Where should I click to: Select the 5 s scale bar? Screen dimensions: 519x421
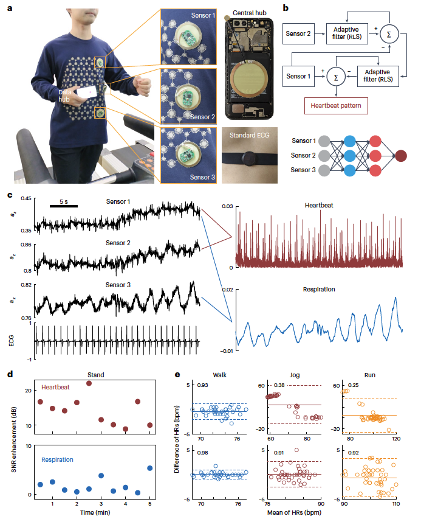tap(64, 206)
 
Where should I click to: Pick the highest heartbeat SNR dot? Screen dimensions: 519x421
tap(89, 383)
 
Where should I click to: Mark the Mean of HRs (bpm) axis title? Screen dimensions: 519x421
tap(294, 514)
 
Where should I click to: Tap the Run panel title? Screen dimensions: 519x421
tap(370, 375)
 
